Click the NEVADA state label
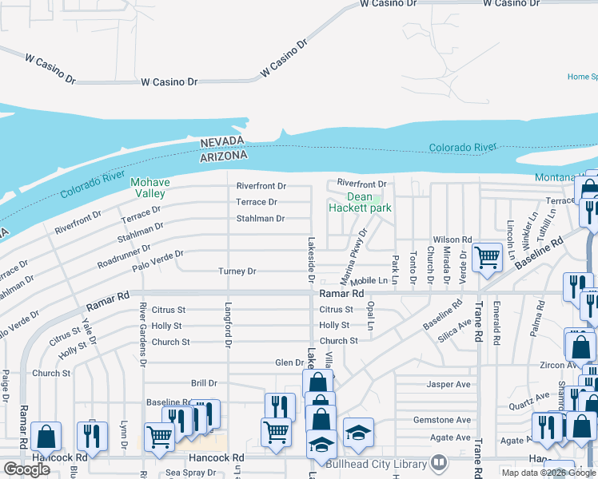[x=221, y=141]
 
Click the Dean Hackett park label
[x=360, y=202]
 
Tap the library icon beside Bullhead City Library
[x=439, y=462]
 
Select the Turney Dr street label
[x=237, y=271]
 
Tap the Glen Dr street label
[x=289, y=362]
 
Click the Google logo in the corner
[x=27, y=469]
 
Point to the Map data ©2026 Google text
[x=549, y=473]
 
